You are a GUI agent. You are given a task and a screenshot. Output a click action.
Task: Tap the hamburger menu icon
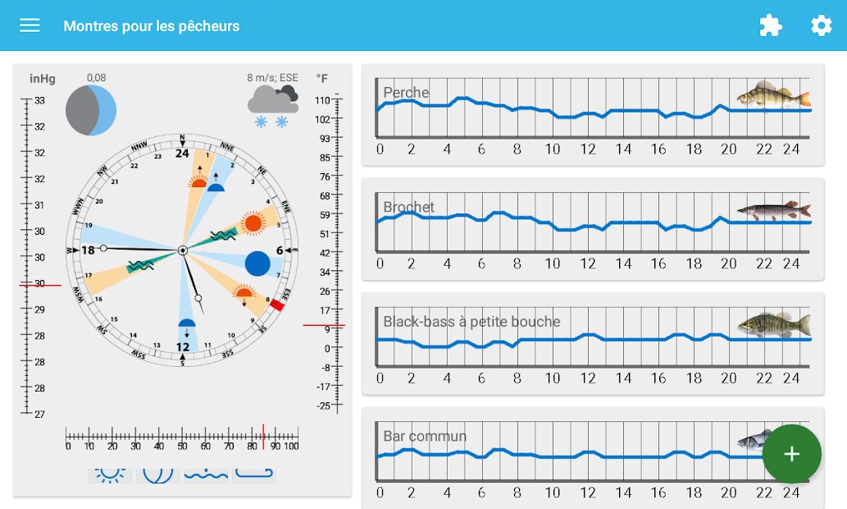coord(30,25)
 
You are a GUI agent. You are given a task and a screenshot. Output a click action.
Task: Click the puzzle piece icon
coord(770,25)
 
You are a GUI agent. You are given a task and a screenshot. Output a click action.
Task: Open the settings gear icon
coord(821,25)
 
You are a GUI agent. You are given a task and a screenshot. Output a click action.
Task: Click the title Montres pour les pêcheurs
coord(152,26)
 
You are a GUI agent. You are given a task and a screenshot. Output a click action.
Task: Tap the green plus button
coord(791,454)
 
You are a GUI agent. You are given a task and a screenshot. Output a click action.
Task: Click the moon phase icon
coord(91,110)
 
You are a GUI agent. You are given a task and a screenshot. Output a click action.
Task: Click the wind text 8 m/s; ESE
coord(273,78)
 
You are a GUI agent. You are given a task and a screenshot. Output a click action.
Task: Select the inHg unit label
coord(43,79)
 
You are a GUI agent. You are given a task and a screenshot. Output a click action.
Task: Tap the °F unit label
coord(322,79)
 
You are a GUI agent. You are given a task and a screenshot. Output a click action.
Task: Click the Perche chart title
coord(406,93)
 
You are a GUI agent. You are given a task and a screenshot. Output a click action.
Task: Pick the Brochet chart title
coord(408,207)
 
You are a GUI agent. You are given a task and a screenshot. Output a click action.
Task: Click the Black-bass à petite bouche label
coord(471,321)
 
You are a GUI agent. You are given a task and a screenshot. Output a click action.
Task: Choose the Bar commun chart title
coord(425,436)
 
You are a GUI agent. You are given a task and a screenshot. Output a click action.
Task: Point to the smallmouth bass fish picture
coord(773,324)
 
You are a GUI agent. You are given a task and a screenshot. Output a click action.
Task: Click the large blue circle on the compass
coord(257,264)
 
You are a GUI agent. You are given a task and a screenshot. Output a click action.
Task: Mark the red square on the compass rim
coord(277,305)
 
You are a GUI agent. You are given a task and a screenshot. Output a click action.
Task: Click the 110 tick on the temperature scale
coord(322,100)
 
